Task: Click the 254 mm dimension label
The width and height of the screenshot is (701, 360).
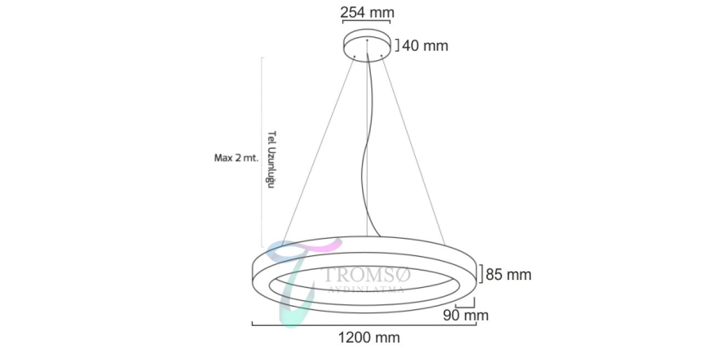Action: pos(367,13)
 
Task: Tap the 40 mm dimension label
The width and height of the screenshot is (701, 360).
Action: pos(425,46)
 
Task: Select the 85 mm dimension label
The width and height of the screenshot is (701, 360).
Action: pos(509,275)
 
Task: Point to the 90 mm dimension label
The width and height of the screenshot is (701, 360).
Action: pos(466,315)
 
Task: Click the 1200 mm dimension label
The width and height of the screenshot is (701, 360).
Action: pos(369,338)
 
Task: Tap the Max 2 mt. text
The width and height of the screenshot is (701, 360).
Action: pos(236,158)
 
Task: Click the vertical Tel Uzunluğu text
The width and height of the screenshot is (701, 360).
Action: pos(271,159)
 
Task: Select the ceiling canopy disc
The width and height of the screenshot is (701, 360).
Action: pos(367,45)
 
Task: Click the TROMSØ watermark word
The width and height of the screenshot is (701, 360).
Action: pos(366,275)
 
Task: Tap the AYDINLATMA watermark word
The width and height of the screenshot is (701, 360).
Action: pos(366,289)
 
